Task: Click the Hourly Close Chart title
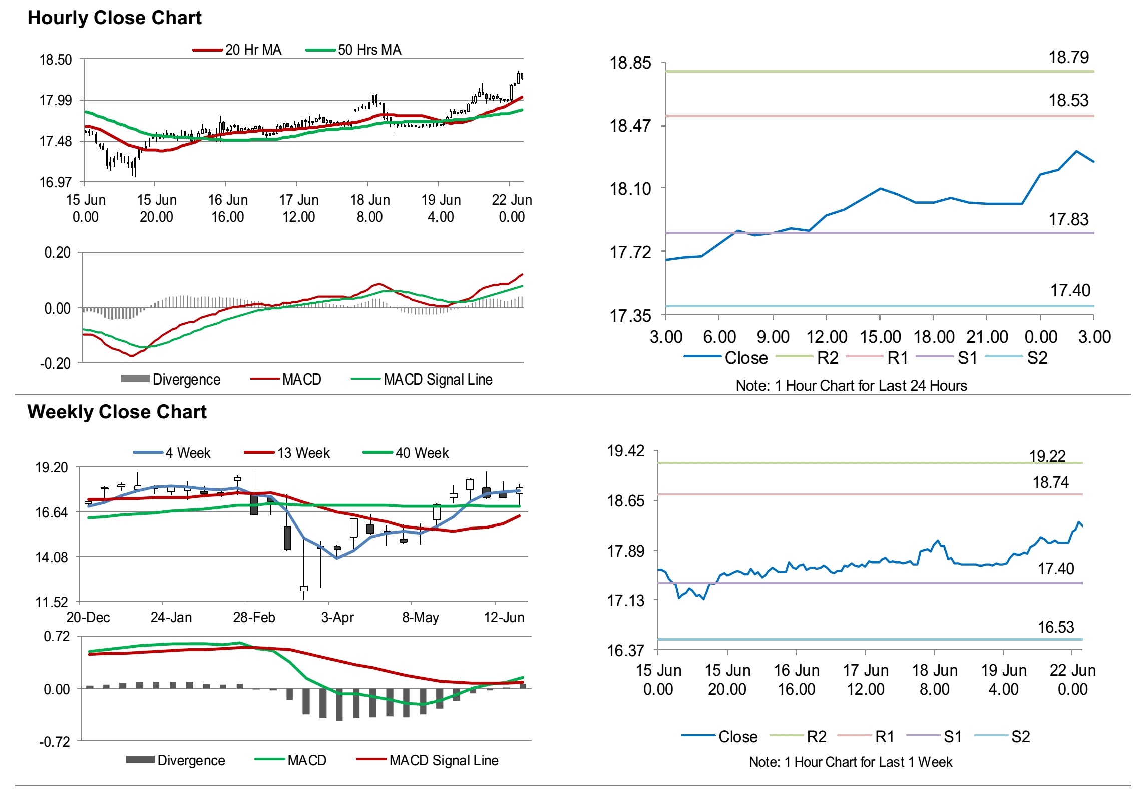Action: tap(114, 18)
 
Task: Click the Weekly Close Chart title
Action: tap(117, 412)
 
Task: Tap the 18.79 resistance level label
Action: tap(1068, 58)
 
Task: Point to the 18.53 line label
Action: tap(1068, 101)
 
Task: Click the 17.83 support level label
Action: tap(1068, 219)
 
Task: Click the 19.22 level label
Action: tap(1047, 456)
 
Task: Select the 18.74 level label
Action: tap(1050, 482)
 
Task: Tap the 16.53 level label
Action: tap(1056, 627)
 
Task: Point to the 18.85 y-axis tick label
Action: tap(630, 63)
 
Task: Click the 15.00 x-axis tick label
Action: tap(880, 337)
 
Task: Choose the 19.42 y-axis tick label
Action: tap(626, 451)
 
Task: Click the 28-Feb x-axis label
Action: tap(254, 617)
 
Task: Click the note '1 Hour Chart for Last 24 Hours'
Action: tap(851, 385)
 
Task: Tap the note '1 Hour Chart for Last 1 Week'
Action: tap(851, 762)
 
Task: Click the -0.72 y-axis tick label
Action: tap(55, 742)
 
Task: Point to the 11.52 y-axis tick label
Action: tap(51, 602)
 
